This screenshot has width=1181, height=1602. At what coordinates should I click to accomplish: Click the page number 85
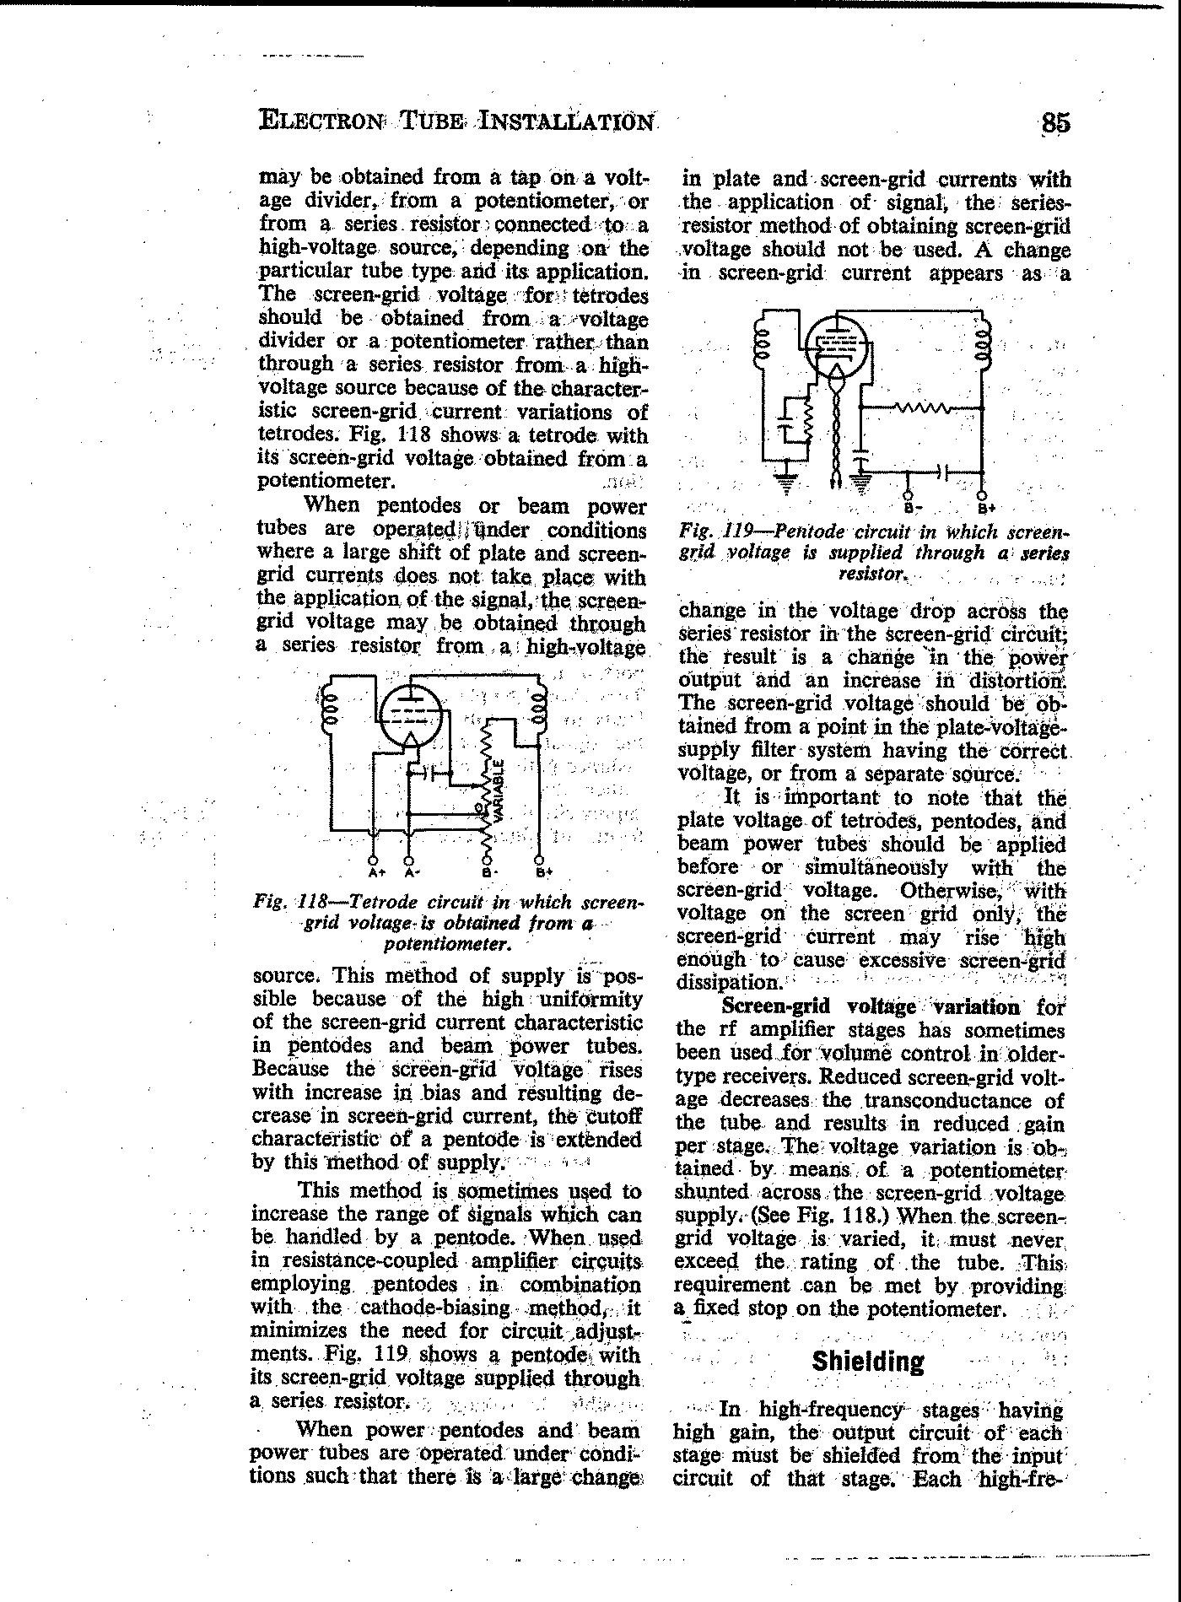pyautogui.click(x=1055, y=123)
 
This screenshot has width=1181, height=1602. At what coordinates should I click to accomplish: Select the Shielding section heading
pyautogui.click(x=867, y=1362)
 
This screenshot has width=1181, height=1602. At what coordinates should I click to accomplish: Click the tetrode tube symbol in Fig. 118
pyautogui.click(x=411, y=717)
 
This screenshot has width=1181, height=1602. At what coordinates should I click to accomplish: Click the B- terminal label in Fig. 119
pyautogui.click(x=909, y=509)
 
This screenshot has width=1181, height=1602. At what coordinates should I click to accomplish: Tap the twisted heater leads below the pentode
pyautogui.click(x=837, y=430)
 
